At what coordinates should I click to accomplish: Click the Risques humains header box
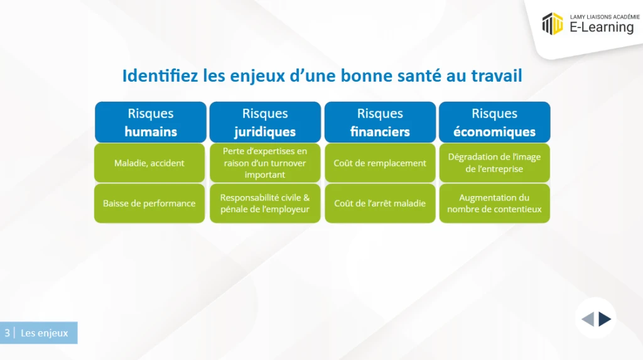(151, 123)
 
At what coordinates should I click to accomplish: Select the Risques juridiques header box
(265, 123)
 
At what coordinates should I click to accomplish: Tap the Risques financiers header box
(380, 123)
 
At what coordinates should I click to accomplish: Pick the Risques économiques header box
(495, 123)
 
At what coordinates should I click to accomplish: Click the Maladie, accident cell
(149, 163)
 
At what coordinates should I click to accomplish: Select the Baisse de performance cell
(149, 203)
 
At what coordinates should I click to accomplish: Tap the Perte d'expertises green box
(265, 163)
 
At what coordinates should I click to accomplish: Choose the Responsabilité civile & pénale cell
(265, 203)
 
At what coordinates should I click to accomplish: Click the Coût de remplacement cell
(380, 163)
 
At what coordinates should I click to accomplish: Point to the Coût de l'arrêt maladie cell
(380, 203)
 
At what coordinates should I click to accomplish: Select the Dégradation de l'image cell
(495, 163)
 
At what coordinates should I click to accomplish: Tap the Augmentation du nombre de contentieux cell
(495, 203)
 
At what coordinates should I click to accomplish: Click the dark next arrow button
(605, 319)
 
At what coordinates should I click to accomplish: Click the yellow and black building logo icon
(553, 23)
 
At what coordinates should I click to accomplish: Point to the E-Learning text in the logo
(602, 27)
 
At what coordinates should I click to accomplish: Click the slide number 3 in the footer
(7, 332)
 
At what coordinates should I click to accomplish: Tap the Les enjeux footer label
(45, 333)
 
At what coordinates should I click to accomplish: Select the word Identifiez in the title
(160, 75)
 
